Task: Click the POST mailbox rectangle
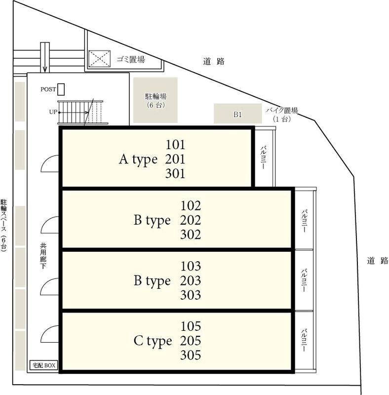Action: point(61,89)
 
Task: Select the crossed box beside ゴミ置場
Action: point(100,59)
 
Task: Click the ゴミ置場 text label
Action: point(131,59)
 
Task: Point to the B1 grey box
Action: point(237,114)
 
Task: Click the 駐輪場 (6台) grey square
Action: point(156,100)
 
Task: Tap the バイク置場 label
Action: point(282,110)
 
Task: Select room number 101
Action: point(175,145)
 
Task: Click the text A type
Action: point(138,159)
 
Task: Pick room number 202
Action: point(191,220)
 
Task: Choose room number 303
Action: point(191,295)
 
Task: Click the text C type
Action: point(153,341)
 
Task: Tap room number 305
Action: point(191,355)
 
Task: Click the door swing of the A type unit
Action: point(45,160)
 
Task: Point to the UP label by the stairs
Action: point(53,112)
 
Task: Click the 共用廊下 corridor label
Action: point(43,256)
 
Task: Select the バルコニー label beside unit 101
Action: point(264,158)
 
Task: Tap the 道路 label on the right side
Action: point(378,261)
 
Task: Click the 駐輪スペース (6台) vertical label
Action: point(4,226)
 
